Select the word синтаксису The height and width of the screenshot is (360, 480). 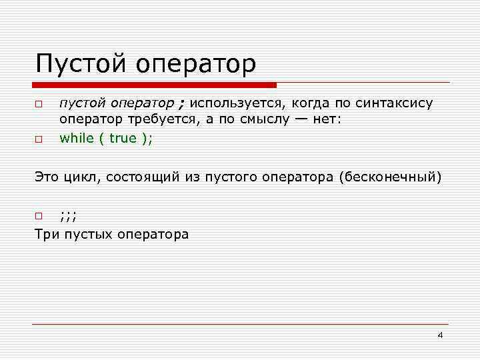(394, 103)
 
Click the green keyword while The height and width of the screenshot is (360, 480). (76, 138)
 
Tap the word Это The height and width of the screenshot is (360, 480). (47, 177)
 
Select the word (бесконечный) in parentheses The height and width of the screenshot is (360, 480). (390, 177)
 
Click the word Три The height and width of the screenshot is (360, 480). (47, 234)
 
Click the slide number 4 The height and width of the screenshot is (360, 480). (440, 335)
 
